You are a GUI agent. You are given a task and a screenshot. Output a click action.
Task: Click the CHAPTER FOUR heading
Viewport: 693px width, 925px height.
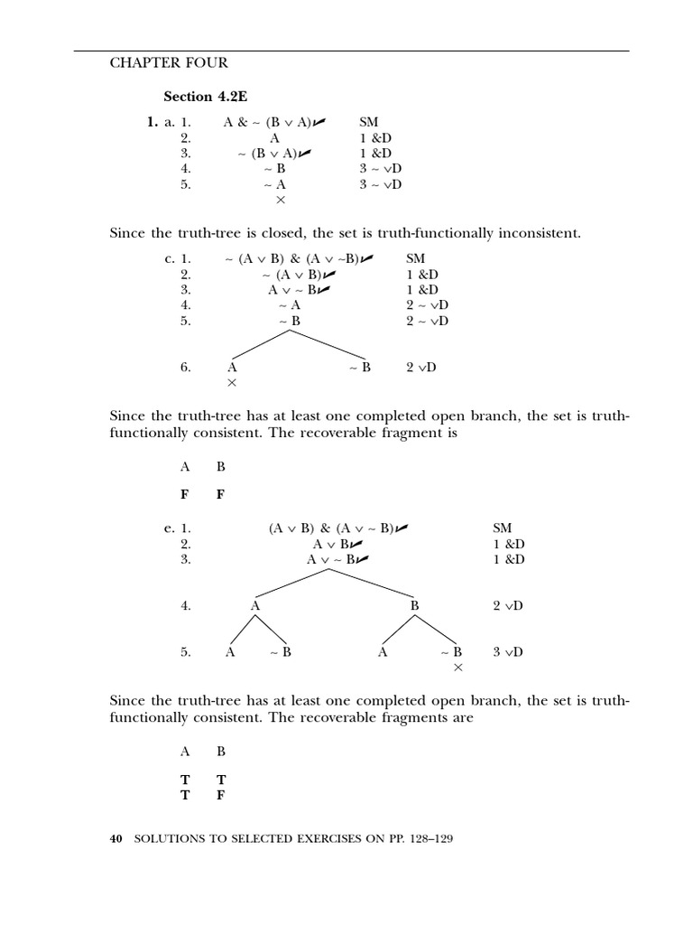tap(169, 63)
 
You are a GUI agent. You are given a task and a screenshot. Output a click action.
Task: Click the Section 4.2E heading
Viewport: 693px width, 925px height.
tap(200, 97)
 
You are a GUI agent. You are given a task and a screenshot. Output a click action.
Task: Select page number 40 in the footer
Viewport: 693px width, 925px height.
tap(115, 839)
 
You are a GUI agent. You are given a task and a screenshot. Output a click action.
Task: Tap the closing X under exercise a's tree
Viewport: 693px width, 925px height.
tap(281, 200)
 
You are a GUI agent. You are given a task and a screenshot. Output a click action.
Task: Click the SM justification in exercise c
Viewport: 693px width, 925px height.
tap(415, 258)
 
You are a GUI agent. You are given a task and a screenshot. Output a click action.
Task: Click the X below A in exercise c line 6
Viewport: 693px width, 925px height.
tap(232, 383)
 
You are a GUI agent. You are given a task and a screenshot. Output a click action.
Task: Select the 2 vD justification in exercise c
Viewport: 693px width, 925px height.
tap(420, 368)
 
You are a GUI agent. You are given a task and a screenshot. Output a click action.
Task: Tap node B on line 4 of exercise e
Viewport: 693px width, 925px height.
tap(414, 606)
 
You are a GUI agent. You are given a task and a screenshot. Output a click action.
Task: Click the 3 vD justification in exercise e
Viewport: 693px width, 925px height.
tap(508, 651)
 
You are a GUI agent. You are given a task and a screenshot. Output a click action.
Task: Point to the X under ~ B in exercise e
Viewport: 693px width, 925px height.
tap(457, 668)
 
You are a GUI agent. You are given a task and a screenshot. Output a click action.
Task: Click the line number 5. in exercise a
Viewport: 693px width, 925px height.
tap(186, 184)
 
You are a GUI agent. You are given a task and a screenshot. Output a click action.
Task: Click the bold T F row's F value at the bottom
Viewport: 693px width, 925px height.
tap(221, 796)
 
